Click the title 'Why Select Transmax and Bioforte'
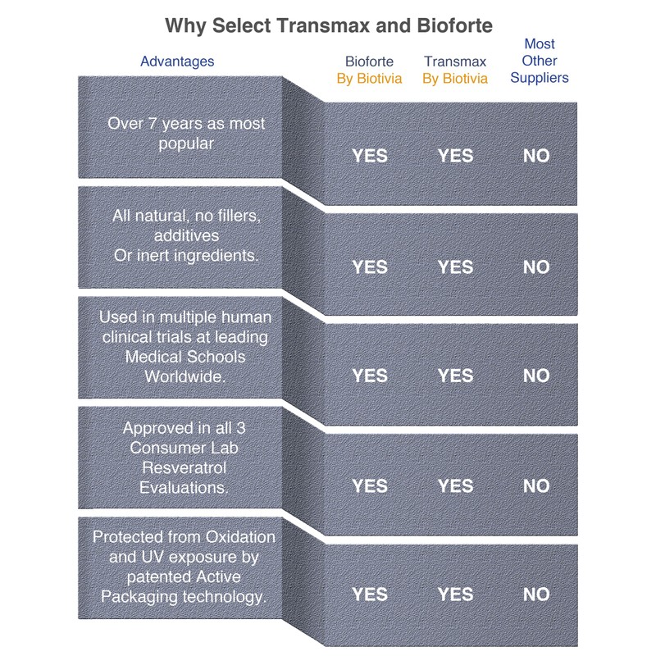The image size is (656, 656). click(x=329, y=25)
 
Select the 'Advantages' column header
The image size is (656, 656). click(x=177, y=61)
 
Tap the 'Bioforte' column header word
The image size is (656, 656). click(x=369, y=61)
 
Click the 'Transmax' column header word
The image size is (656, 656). click(x=455, y=61)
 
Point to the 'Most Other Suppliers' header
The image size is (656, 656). click(x=539, y=61)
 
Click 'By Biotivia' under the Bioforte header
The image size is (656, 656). click(x=369, y=79)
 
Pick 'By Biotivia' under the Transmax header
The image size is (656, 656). click(x=455, y=79)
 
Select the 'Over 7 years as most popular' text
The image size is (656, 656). click(x=187, y=134)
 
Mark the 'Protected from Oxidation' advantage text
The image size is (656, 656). click(x=184, y=567)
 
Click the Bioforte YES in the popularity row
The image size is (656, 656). click(x=370, y=156)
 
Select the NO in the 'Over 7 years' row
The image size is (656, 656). click(x=536, y=156)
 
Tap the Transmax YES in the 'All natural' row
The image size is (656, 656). click(x=455, y=266)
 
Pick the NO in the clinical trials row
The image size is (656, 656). click(x=536, y=376)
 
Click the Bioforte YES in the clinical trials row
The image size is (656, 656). click(x=370, y=376)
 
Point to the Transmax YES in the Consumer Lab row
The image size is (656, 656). click(x=455, y=486)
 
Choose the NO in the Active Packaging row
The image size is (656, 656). click(x=536, y=594)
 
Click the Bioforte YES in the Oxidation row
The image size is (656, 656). click(x=370, y=594)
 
